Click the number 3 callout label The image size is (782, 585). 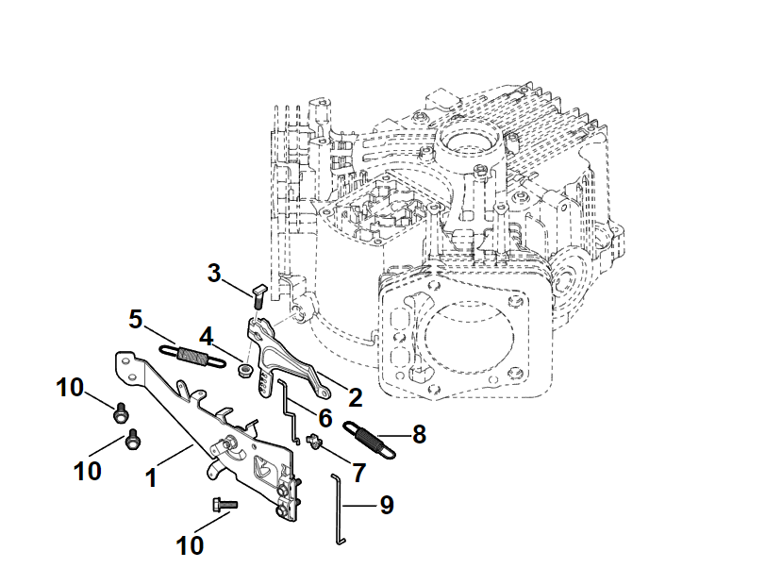pyautogui.click(x=215, y=274)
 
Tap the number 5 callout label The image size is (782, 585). pyautogui.click(x=136, y=318)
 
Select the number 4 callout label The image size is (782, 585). pyautogui.click(x=206, y=336)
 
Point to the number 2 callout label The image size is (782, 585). pyautogui.click(x=356, y=395)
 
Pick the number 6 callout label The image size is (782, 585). pyautogui.click(x=324, y=415)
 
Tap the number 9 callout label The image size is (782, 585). pyautogui.click(x=386, y=506)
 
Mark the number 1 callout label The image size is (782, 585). pyautogui.click(x=150, y=477)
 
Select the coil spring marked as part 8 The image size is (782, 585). pyautogui.click(x=369, y=438)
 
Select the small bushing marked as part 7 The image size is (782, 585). pyautogui.click(x=310, y=439)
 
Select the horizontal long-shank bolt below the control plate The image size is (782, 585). pyautogui.click(x=223, y=505)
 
